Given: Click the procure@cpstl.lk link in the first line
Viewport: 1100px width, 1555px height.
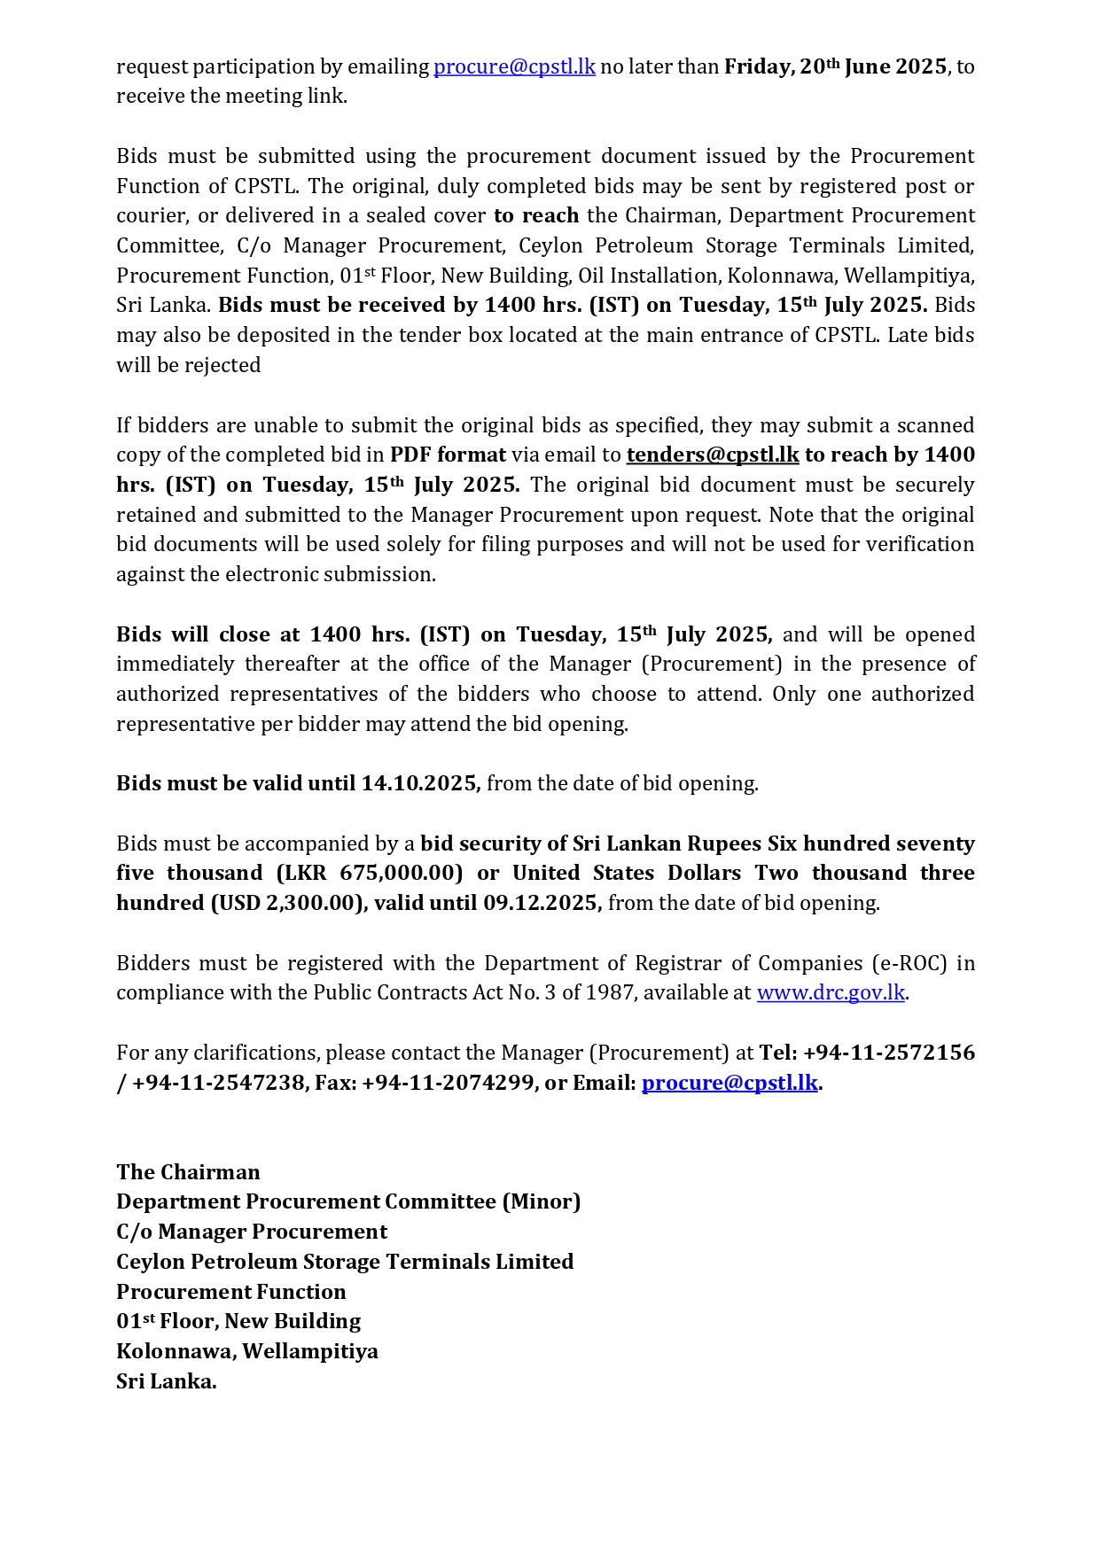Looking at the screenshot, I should click(x=514, y=67).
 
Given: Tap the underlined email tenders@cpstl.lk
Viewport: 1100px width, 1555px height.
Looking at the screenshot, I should click(x=713, y=455).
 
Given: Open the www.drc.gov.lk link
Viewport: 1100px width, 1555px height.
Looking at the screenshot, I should click(x=831, y=993).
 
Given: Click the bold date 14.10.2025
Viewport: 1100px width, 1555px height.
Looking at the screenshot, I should click(x=420, y=784).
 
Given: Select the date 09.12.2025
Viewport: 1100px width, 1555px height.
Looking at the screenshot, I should click(x=542, y=904).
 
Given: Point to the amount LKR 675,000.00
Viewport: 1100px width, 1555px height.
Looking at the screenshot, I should click(x=370, y=874).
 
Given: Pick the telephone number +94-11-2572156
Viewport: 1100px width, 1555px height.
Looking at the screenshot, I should click(x=889, y=1054).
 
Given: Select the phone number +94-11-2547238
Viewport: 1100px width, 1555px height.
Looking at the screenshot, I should click(x=218, y=1084).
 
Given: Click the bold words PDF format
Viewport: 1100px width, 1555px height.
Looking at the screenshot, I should click(x=448, y=455).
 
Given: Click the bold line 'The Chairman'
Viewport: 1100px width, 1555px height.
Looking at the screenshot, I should click(x=188, y=1173).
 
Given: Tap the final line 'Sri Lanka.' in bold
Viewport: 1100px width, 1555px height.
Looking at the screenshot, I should click(x=167, y=1382).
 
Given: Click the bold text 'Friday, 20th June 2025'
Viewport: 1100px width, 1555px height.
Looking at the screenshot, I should click(x=835, y=67).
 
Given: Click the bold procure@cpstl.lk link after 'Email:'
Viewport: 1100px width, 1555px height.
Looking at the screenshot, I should click(x=729, y=1084).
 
